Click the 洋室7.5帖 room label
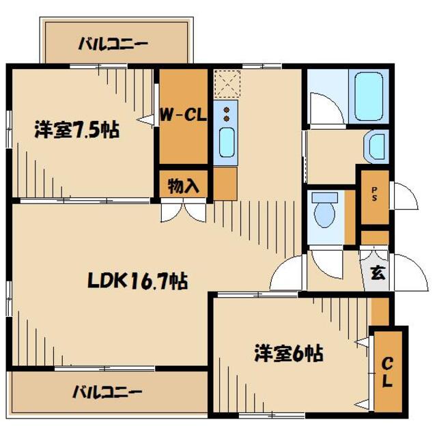(76, 130)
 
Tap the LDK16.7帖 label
(137, 281)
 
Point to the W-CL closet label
(183, 115)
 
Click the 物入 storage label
(182, 185)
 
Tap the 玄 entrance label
(376, 272)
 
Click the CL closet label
(387, 371)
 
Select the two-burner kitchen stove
(226, 112)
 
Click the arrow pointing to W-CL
(145, 120)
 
